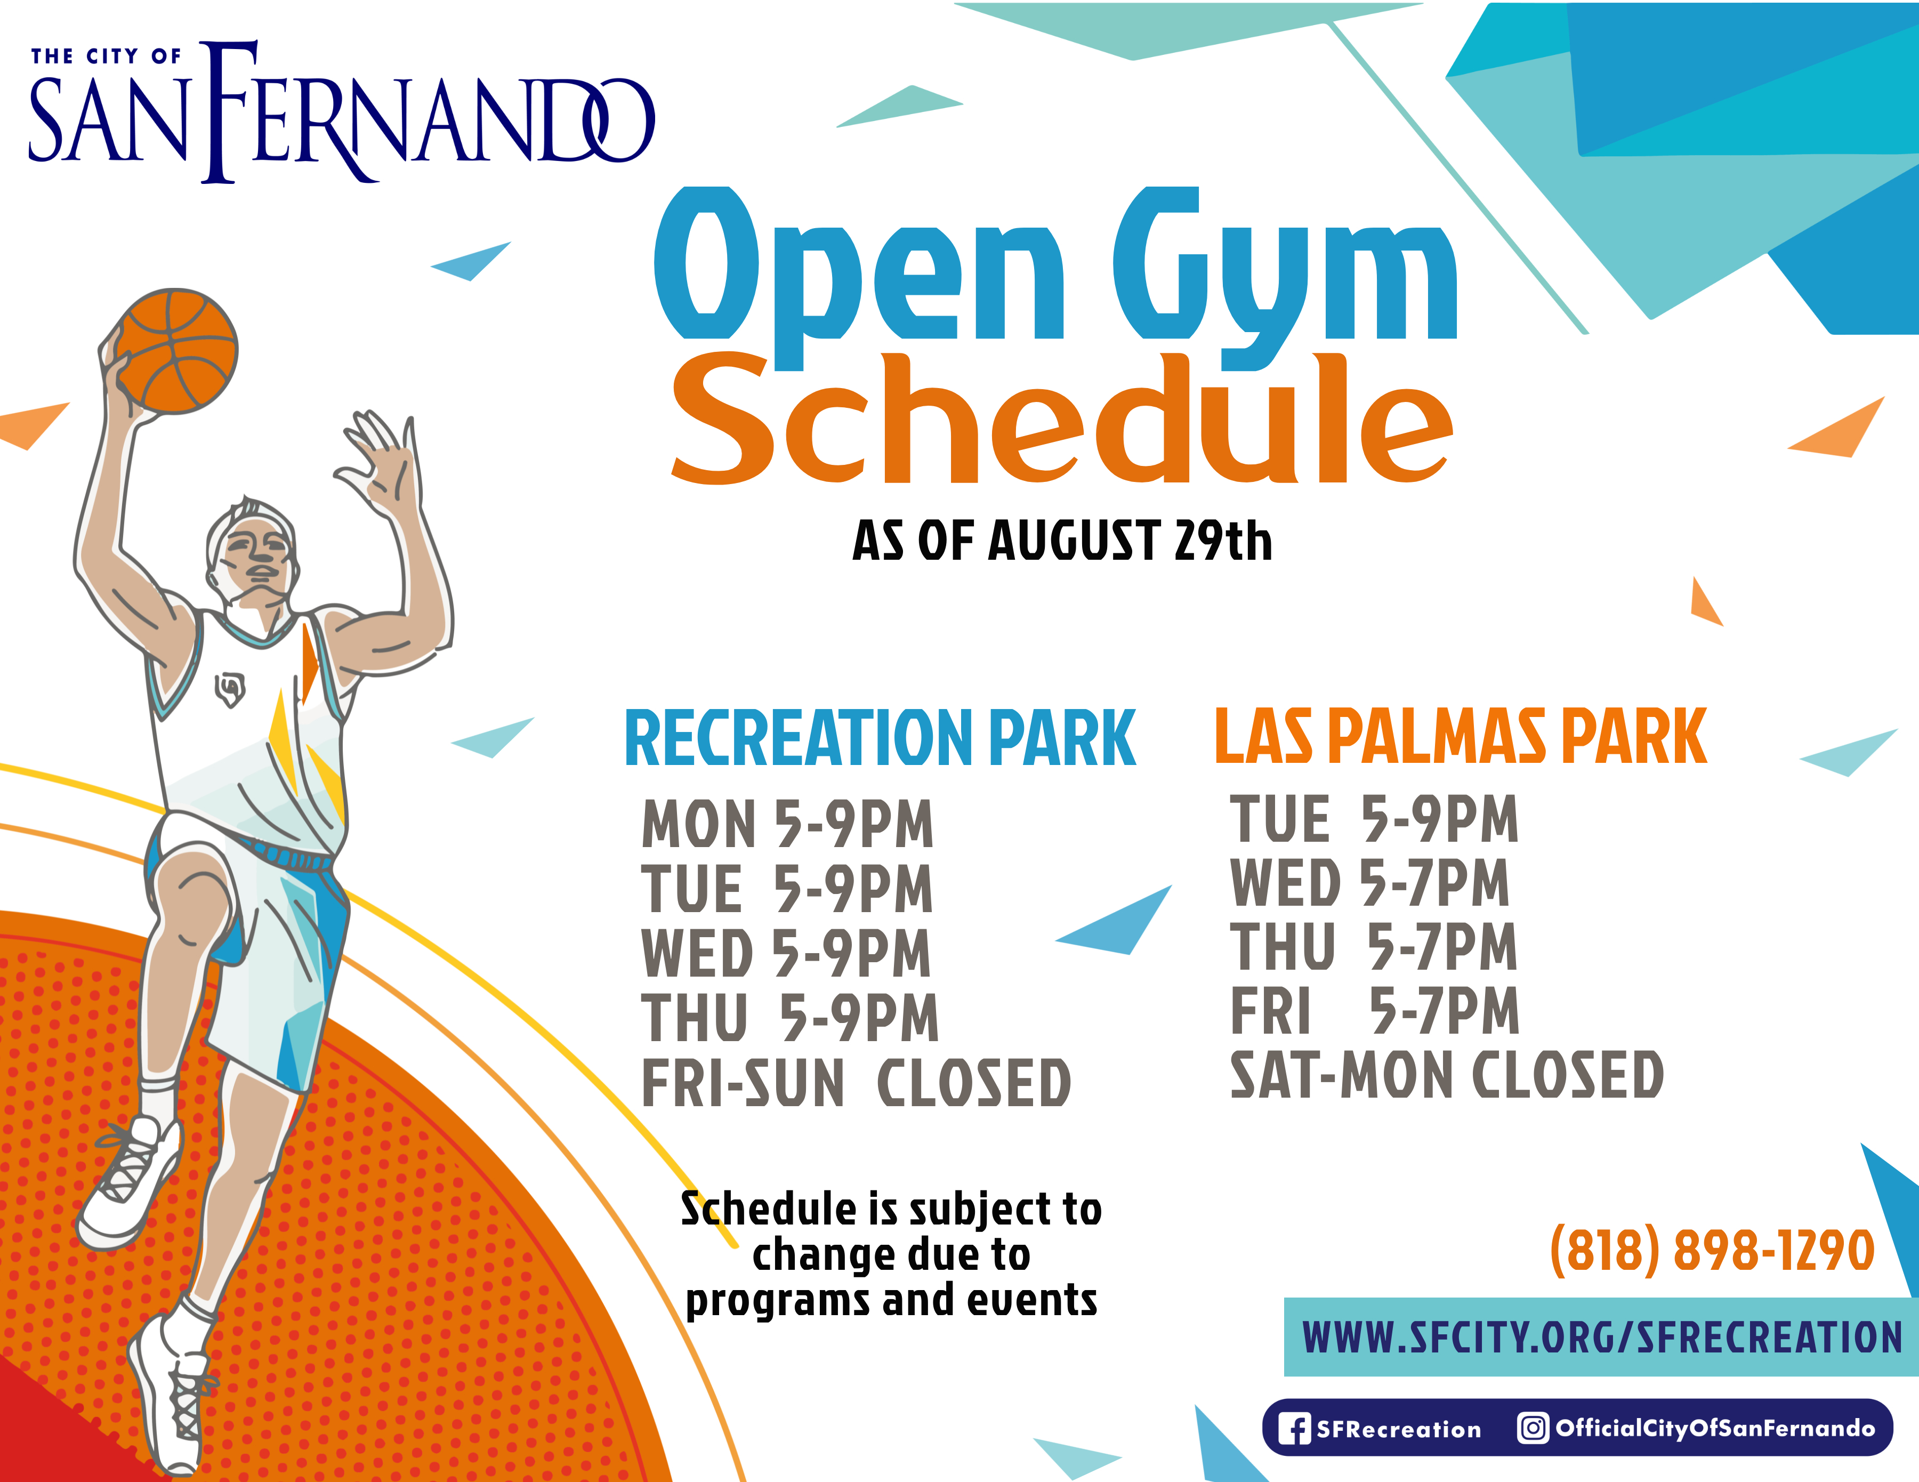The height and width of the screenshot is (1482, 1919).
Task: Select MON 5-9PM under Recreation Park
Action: [x=787, y=824]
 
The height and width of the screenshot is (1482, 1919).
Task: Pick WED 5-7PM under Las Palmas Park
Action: [x=1370, y=883]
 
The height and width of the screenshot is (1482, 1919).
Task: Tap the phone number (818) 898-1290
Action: [x=1712, y=1250]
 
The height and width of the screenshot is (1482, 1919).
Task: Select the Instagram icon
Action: [x=1533, y=1428]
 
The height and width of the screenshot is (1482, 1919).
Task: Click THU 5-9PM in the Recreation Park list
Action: [x=790, y=1018]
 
